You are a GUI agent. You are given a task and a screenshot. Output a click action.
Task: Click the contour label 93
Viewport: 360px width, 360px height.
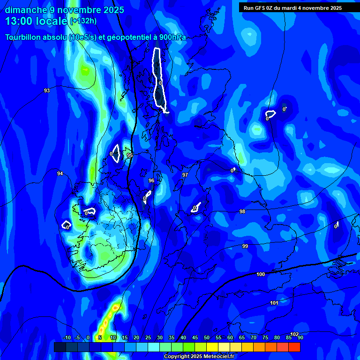[x=47, y=90]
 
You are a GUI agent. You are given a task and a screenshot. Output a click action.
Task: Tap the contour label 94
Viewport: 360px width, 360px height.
[x=60, y=173]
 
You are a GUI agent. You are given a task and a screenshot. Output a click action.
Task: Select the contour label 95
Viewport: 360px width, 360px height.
[x=130, y=155]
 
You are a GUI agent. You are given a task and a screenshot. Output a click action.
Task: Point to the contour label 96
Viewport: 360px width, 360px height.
[x=151, y=180]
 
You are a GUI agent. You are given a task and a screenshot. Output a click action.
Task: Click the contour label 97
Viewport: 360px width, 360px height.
[x=185, y=175]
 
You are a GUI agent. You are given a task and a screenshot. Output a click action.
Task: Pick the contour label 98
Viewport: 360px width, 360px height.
[x=242, y=211]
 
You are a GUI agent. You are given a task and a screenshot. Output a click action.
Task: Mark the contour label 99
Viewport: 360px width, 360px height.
[x=245, y=246]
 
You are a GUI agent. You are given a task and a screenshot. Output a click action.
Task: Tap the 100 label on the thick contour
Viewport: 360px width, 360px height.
[x=261, y=274]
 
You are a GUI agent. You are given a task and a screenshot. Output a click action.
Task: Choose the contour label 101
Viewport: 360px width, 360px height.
[x=274, y=303]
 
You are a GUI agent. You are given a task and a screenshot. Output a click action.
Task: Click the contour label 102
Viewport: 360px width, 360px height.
[x=294, y=334]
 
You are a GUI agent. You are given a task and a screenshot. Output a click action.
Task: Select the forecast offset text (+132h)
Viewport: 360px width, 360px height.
[x=83, y=21]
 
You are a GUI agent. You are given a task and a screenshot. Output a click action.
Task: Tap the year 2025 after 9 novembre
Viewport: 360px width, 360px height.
[x=114, y=10]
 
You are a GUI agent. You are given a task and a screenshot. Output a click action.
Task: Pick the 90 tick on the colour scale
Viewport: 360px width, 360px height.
[x=300, y=337]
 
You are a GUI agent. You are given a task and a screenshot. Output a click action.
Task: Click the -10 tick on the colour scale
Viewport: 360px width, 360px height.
[x=67, y=337]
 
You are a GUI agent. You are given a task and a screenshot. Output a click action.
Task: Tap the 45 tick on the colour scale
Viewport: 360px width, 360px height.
[x=195, y=337]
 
